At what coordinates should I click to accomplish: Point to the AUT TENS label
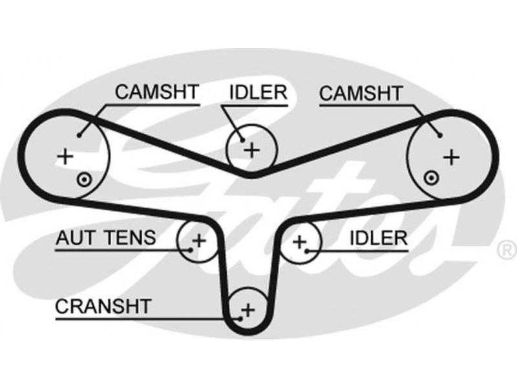click(105, 237)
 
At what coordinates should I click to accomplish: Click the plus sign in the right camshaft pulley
click(451, 156)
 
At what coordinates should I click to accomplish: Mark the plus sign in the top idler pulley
click(251, 150)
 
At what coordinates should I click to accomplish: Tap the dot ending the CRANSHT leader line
click(243, 318)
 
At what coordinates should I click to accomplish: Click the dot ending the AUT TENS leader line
click(191, 247)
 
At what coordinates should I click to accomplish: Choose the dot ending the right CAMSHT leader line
click(439, 135)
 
